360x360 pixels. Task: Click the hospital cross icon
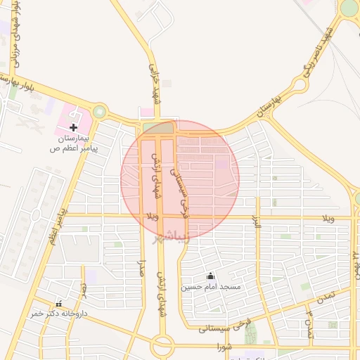click(x=74, y=127)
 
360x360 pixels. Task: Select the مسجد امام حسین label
click(x=211, y=287)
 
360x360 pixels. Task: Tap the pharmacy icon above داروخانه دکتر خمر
click(x=58, y=304)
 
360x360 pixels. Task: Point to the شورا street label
click(x=224, y=347)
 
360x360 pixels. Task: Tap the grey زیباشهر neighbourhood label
click(x=173, y=236)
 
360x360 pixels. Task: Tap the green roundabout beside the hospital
click(x=100, y=112)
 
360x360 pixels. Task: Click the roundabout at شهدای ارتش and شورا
click(x=162, y=345)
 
